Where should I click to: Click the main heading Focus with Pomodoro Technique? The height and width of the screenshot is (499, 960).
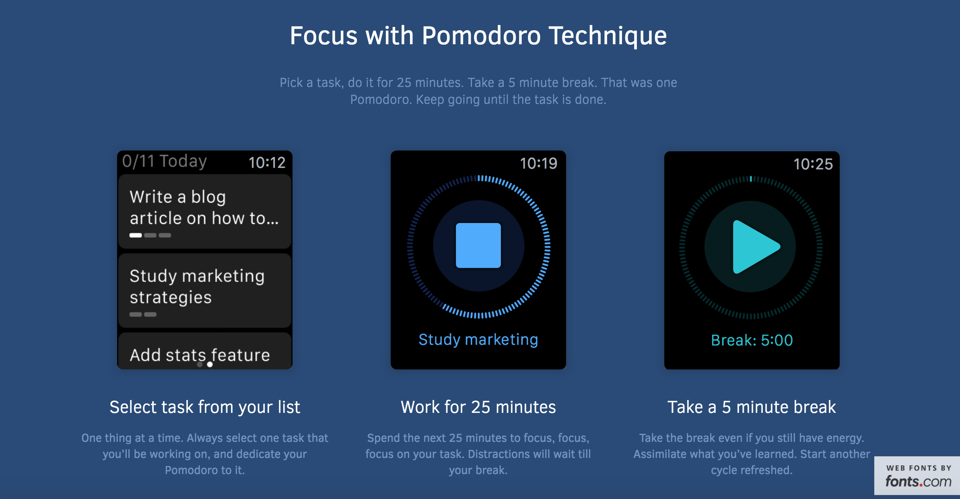coord(478,36)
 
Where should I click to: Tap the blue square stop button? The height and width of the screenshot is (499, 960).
coord(478,245)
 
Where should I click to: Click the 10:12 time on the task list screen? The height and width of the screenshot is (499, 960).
coord(267,163)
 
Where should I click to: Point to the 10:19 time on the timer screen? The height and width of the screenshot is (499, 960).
coord(538,163)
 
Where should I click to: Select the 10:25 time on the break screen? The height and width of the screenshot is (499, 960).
coord(813,164)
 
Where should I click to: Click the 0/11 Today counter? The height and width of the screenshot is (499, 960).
coord(165,161)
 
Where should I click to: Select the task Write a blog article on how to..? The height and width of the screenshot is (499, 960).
coord(204,211)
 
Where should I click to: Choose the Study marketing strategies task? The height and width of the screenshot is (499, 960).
coord(204,290)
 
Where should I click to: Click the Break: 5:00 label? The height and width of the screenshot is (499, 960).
coord(752,340)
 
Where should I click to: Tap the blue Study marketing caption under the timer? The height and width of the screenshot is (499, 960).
coord(478,340)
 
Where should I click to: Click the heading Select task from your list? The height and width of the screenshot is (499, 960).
coord(205,407)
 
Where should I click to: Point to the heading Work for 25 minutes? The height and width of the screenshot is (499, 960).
coord(478,407)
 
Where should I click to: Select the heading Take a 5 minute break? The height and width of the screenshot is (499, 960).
coord(752,407)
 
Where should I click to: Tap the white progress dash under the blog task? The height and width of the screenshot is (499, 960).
coord(136,235)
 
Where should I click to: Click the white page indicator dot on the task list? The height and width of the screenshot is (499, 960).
coord(210,365)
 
